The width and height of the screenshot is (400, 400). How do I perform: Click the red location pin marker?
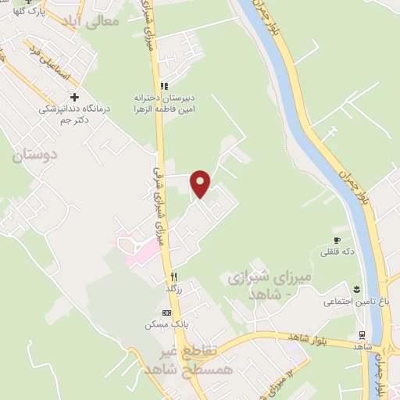[201, 183]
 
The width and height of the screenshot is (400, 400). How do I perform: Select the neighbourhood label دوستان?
[35, 155]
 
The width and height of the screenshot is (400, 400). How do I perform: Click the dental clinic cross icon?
[74, 98]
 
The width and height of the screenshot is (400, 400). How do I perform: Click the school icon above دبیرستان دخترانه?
[163, 86]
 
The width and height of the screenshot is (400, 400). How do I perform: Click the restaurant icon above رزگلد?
[174, 277]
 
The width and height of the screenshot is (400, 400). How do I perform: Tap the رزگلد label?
[174, 289]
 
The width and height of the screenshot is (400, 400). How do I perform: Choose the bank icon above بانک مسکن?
[166, 312]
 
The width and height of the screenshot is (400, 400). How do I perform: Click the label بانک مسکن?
[162, 324]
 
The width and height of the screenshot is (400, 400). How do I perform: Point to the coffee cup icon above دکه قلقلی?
[337, 240]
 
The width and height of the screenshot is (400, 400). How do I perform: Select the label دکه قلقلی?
[336, 252]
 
